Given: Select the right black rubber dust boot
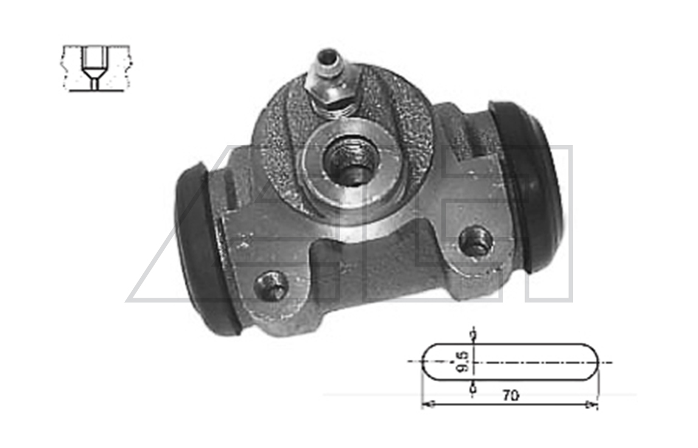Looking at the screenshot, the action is point(526,187).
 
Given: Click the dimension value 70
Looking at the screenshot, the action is point(510,394).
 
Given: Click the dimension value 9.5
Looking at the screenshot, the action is point(462,362).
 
